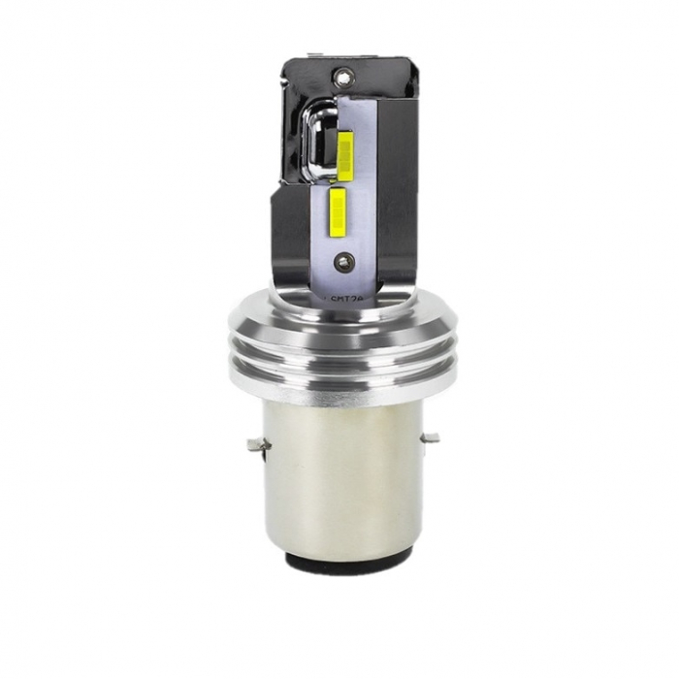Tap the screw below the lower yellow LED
(x=341, y=259)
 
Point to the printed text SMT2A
(x=340, y=286)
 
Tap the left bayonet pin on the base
(x=256, y=445)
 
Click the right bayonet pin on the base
(x=429, y=438)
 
